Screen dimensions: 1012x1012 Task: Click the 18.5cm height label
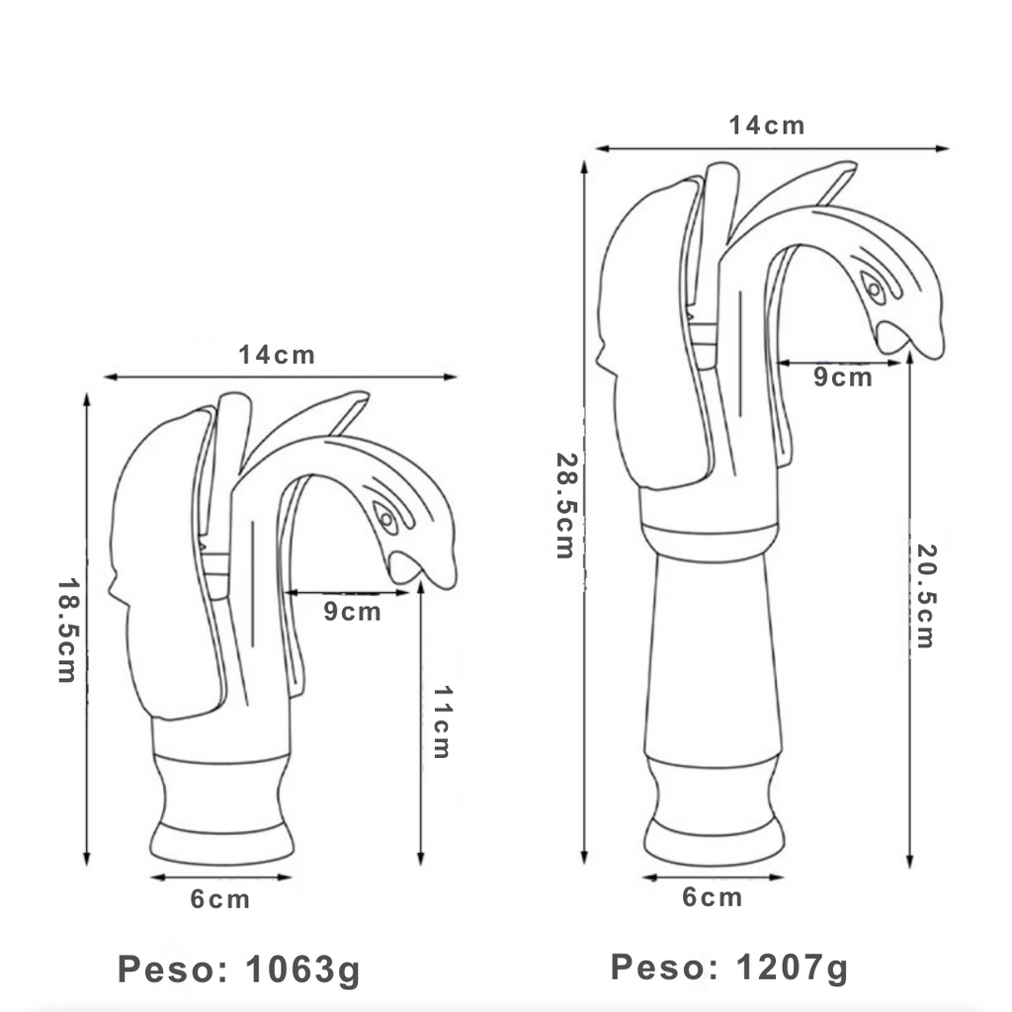pos(68,630)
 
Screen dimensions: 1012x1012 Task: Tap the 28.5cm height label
pos(565,505)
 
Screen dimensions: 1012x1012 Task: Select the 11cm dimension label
pos(442,721)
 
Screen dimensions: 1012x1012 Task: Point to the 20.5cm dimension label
pos(926,596)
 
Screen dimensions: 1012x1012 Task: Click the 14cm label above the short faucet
pos(277,355)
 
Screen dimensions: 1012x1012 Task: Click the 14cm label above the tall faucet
pos(767,126)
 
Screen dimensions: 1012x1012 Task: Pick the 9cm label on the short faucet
pos(353,611)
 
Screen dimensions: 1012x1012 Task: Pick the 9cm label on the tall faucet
pos(843,377)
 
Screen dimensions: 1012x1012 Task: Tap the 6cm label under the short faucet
pos(220,899)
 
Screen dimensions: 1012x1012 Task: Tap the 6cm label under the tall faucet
pos(713,897)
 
